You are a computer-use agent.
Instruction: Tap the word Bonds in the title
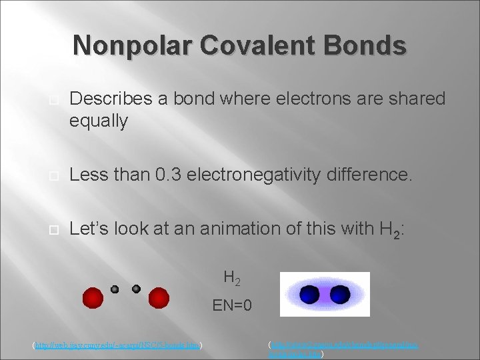point(371,45)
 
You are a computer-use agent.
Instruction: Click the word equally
point(99,121)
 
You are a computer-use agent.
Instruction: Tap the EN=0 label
point(232,307)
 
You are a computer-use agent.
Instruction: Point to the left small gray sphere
point(115,289)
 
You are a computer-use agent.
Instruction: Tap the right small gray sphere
point(136,289)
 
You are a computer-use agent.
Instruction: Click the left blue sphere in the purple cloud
point(309,293)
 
